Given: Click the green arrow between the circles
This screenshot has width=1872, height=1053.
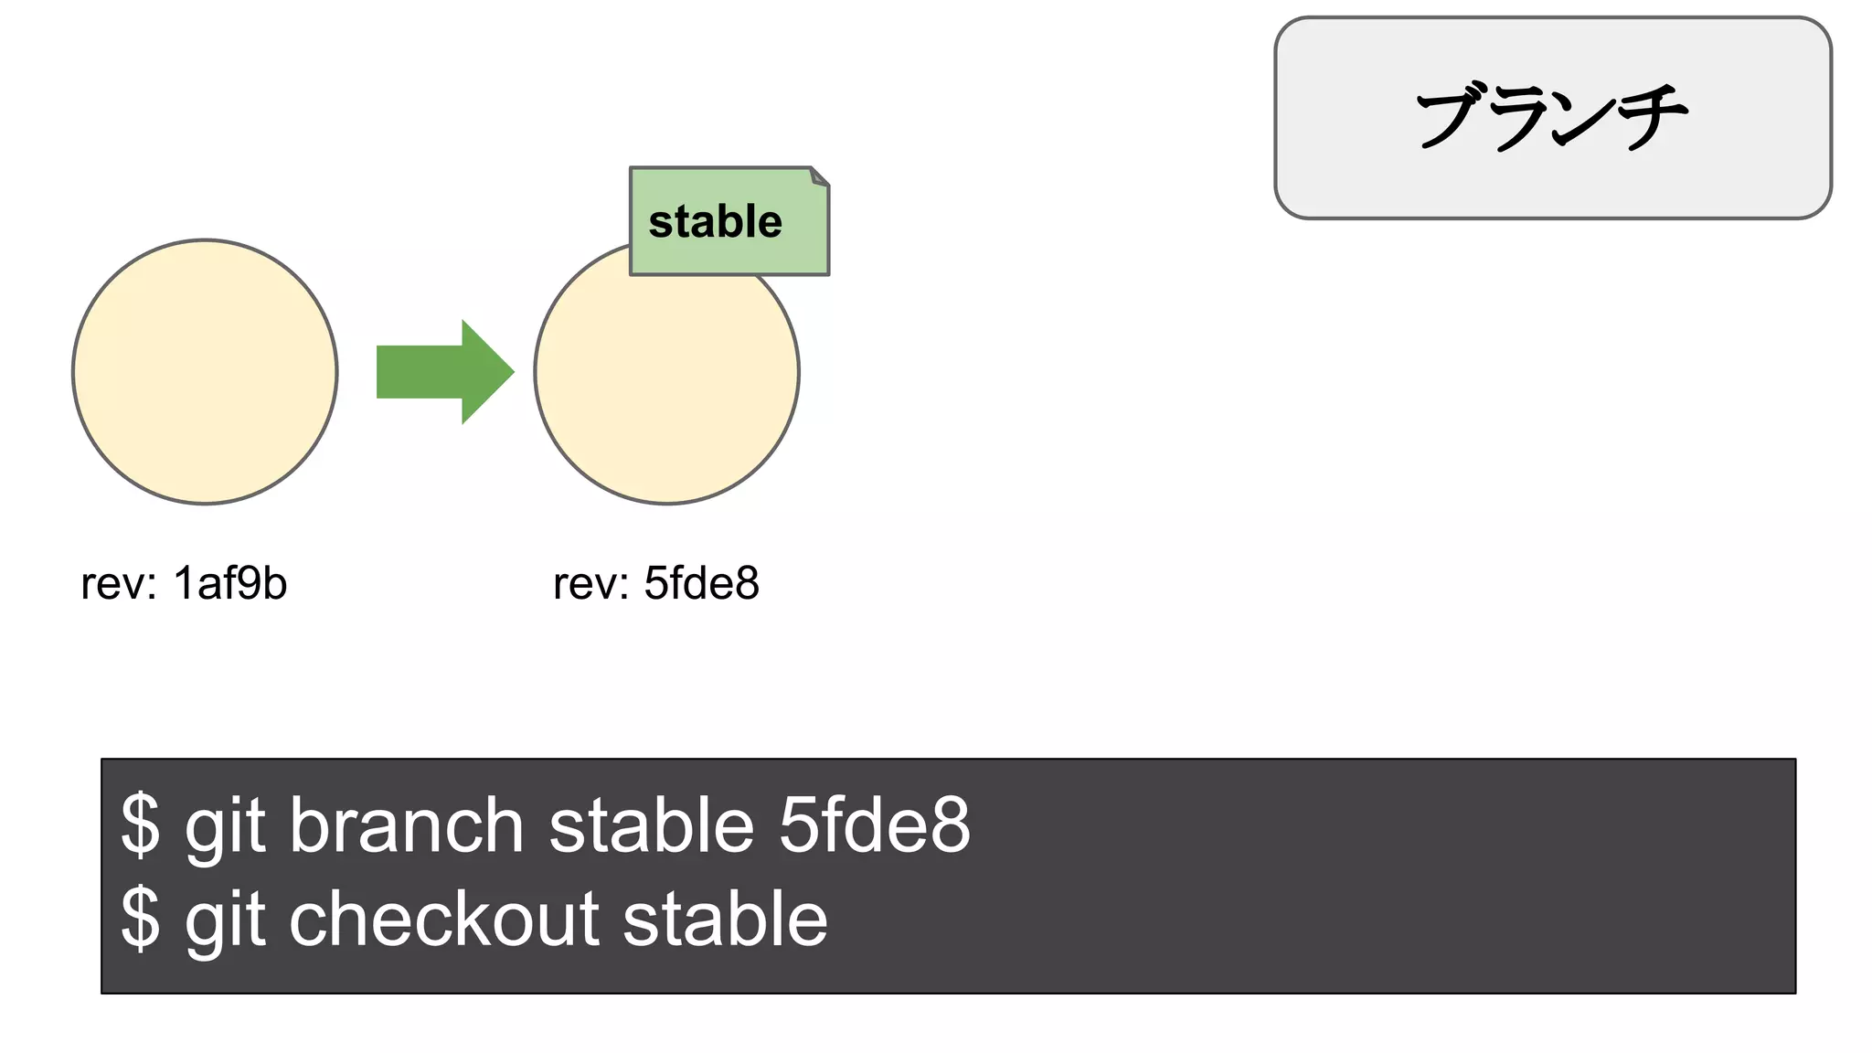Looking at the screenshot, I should click(439, 372).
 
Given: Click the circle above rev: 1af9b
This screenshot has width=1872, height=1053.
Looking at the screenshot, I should click(205, 372).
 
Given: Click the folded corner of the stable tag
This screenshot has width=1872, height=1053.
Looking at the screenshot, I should click(820, 176).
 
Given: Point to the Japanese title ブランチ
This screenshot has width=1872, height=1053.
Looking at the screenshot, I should click(1551, 117).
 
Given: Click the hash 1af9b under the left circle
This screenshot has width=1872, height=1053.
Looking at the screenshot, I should click(229, 583).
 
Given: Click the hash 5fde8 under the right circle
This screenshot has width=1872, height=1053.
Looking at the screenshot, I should click(701, 583).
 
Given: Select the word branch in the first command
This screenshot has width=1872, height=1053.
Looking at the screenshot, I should click(406, 825).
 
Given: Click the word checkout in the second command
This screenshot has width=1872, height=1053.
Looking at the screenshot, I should click(444, 919).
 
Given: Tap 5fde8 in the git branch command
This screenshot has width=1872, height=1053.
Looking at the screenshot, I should click(874, 825).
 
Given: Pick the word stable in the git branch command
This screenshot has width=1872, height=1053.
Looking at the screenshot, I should click(651, 825).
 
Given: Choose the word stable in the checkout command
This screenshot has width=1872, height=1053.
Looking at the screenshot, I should click(725, 919).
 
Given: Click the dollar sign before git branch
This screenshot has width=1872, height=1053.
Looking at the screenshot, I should click(140, 825).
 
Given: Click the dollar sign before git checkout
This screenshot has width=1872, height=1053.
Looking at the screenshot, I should click(140, 919).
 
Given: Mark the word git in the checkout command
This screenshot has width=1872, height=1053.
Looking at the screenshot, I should click(225, 920).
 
